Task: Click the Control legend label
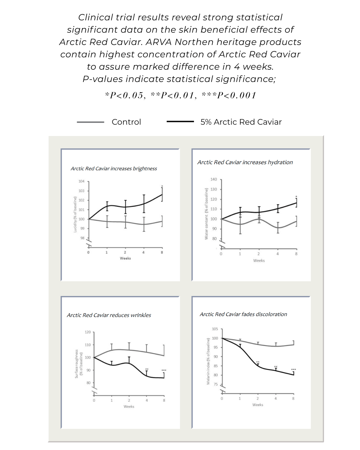pyautogui.click(x=126, y=122)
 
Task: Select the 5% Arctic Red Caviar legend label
pyautogui.click(x=241, y=122)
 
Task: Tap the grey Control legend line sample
pyautogui.click(x=90, y=122)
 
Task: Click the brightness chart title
pyautogui.click(x=114, y=169)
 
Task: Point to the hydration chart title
pyautogui.click(x=245, y=162)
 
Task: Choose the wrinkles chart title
pyautogui.click(x=109, y=315)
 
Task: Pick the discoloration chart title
pyautogui.click(x=243, y=314)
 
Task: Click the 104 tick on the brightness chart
pyautogui.click(x=81, y=181)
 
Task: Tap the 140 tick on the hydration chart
pyautogui.click(x=214, y=179)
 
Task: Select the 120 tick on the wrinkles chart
pyautogui.click(x=88, y=332)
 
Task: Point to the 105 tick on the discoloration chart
pyautogui.click(x=215, y=329)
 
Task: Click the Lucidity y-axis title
pyautogui.click(x=75, y=214)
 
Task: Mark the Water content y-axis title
pyautogui.click(x=206, y=214)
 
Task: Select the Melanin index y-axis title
pyautogui.click(x=208, y=361)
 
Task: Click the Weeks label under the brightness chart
pyautogui.click(x=125, y=258)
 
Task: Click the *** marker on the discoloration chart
pyautogui.click(x=293, y=370)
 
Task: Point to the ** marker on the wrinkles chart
pyautogui.click(x=147, y=369)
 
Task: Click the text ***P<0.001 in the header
pyautogui.click(x=229, y=96)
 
